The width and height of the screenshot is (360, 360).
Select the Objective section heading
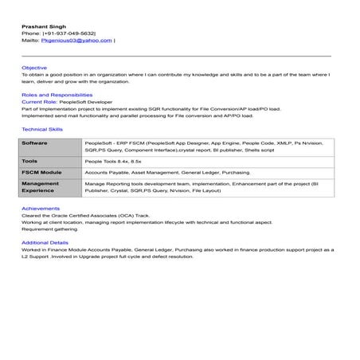pos(34,68)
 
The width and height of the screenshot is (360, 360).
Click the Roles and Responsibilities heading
pos(53,95)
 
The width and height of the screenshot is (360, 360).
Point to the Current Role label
pos(39,102)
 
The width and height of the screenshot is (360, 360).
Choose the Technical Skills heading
pos(42,128)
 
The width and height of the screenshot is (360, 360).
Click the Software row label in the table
pos(34,142)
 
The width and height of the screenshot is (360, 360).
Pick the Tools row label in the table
pos(30,159)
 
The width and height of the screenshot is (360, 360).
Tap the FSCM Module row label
pos(41,171)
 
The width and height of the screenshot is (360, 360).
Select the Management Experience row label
pos(40,187)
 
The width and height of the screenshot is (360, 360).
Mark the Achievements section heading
pos(40,209)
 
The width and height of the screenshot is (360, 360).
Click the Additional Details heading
pos(45,242)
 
